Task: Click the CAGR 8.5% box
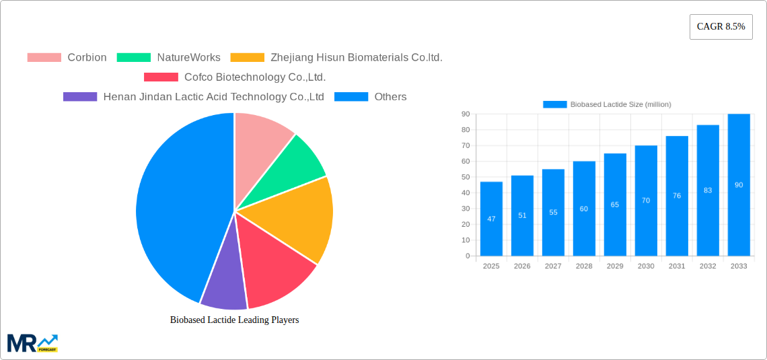coord(721,27)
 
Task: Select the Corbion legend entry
coord(67,58)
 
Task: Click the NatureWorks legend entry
coord(169,58)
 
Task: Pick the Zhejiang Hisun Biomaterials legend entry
coord(336,58)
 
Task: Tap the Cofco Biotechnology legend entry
coord(235,77)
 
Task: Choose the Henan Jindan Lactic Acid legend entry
coord(194,97)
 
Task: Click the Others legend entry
coord(371,97)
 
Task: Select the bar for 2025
coord(491,219)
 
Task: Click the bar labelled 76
coord(677,196)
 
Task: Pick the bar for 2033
coord(739,185)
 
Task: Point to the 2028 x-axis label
coord(584,266)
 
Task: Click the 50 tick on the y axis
coord(466,177)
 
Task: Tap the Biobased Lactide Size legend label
coord(607,104)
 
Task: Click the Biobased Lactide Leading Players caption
coord(234,320)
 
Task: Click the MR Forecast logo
coord(32,343)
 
